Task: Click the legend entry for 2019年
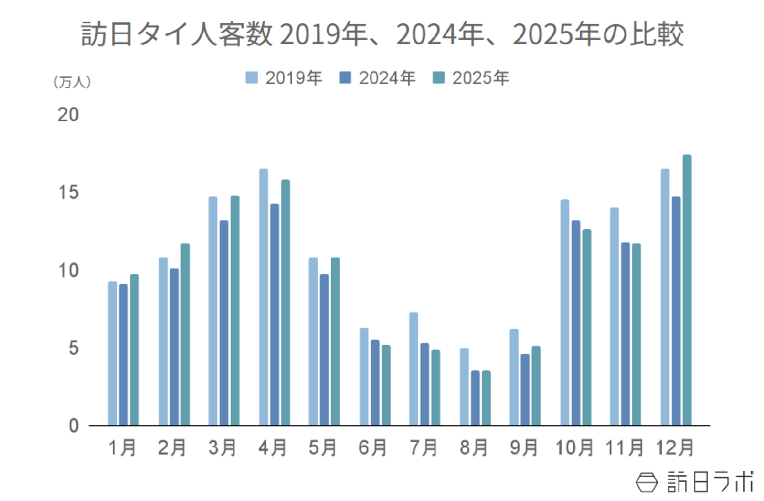point(284,77)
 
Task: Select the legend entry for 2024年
point(377,77)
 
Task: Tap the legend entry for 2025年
point(471,77)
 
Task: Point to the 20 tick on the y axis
point(68,115)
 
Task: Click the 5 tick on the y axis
point(73,348)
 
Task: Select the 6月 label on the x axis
point(373,448)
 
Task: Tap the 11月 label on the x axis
point(625,448)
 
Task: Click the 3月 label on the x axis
point(223,448)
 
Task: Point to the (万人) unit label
point(72,82)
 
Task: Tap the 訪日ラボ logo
point(695,482)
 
